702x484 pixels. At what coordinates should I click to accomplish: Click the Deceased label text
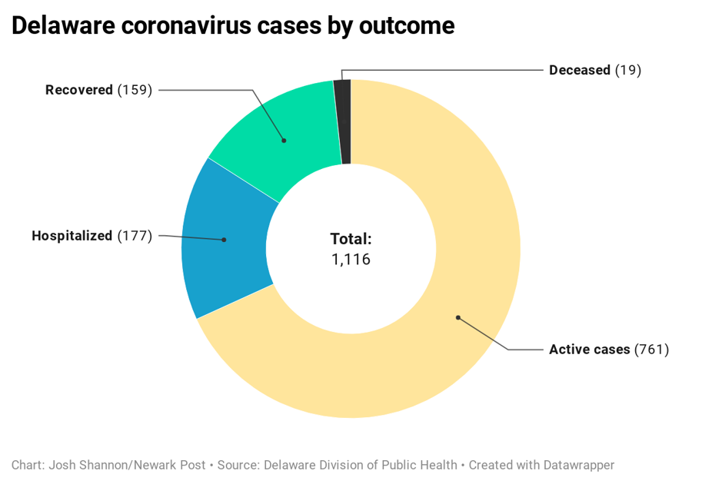(x=579, y=70)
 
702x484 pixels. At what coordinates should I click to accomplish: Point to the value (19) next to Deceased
(x=627, y=70)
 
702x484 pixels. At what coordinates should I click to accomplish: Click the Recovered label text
(x=79, y=90)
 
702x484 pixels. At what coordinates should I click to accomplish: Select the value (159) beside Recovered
(x=135, y=90)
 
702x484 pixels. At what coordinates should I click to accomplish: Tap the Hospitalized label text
(x=72, y=236)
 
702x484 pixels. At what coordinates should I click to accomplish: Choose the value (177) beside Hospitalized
(x=135, y=236)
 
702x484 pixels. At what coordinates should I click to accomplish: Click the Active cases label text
(x=589, y=350)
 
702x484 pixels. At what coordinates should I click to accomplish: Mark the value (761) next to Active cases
(x=651, y=350)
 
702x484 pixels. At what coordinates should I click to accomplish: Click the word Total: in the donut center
(x=351, y=239)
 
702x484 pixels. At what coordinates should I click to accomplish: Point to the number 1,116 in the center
(x=351, y=260)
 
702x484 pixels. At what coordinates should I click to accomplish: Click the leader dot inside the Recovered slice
(x=284, y=141)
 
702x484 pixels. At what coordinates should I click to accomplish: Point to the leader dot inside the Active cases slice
(x=457, y=317)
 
